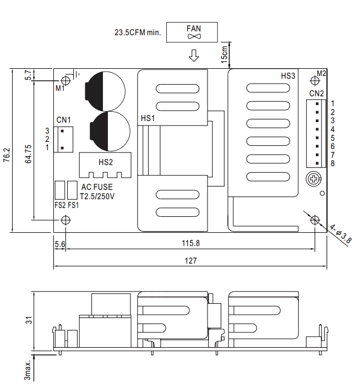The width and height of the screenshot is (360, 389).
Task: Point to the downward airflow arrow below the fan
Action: click(194, 56)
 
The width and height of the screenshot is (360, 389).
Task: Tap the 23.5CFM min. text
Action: click(138, 32)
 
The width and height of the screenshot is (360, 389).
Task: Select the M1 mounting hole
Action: click(66, 80)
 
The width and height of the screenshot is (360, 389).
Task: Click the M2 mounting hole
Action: click(315, 81)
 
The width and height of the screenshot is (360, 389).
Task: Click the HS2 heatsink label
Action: click(106, 162)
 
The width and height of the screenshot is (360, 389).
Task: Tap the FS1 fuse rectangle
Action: click(72, 190)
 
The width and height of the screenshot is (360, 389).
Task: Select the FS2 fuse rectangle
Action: click(60, 190)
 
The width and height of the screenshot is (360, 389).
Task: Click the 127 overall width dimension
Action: click(190, 261)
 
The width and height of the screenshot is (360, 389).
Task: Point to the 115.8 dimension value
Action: click(190, 243)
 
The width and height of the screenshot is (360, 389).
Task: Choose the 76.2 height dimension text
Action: click(7, 155)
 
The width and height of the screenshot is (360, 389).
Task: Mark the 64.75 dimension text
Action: click(28, 154)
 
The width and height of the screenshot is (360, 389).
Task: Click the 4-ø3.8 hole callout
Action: click(340, 234)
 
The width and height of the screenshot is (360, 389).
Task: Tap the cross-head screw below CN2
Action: click(314, 179)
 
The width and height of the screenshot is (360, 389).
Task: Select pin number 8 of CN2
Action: click(332, 163)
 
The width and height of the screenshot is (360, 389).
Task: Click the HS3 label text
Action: click(288, 76)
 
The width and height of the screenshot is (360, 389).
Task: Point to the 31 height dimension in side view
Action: click(29, 320)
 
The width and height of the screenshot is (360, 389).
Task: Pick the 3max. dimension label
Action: click(28, 370)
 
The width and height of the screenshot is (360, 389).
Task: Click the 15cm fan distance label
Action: click(224, 54)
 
